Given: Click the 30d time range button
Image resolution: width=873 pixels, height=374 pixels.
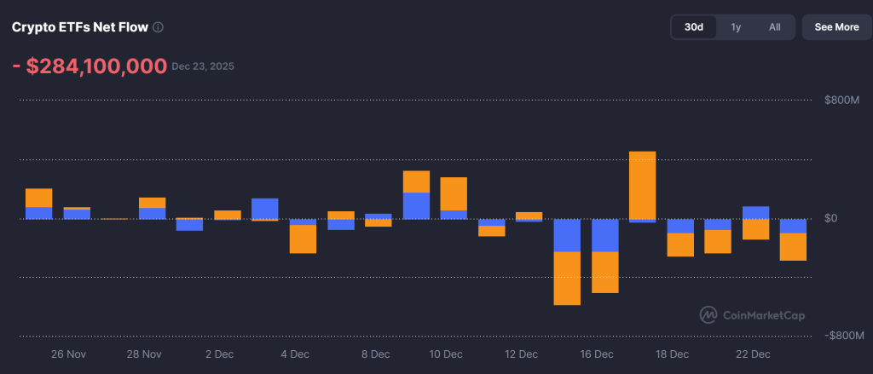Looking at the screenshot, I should pos(695,27).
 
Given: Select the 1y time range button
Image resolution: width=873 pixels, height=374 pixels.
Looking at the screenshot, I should pos(736,27).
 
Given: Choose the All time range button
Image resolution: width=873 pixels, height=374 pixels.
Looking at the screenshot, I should pos(774,27).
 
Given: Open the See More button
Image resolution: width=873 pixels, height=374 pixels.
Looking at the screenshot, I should pos(836,27).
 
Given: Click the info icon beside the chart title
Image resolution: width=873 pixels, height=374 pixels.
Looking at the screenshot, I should pos(158,27).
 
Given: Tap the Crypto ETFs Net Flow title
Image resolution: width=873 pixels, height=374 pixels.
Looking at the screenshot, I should pos(79,27).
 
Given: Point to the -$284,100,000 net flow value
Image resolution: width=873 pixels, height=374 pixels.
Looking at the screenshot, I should pos(89,66).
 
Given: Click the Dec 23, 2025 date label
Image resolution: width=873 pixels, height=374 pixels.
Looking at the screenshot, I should pos(203,66).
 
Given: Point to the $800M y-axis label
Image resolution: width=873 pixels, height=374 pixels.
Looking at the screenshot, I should pos(841,101).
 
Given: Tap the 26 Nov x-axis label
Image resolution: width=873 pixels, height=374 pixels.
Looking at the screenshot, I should pos(69,354).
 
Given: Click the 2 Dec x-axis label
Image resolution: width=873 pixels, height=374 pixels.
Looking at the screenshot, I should pos(219,354).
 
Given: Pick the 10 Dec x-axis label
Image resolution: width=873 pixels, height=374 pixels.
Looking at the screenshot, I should pos(446,354).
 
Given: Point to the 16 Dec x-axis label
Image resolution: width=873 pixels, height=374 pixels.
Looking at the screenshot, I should pos(597,354).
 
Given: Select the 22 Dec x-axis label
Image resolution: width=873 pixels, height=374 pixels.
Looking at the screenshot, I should pos(754,354).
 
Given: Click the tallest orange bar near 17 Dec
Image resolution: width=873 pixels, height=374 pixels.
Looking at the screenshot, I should pos(642,185).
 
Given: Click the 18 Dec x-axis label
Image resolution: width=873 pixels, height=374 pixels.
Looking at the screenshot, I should pos(672,354).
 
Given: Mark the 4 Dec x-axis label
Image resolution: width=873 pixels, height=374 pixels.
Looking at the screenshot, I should pos(294,354).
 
